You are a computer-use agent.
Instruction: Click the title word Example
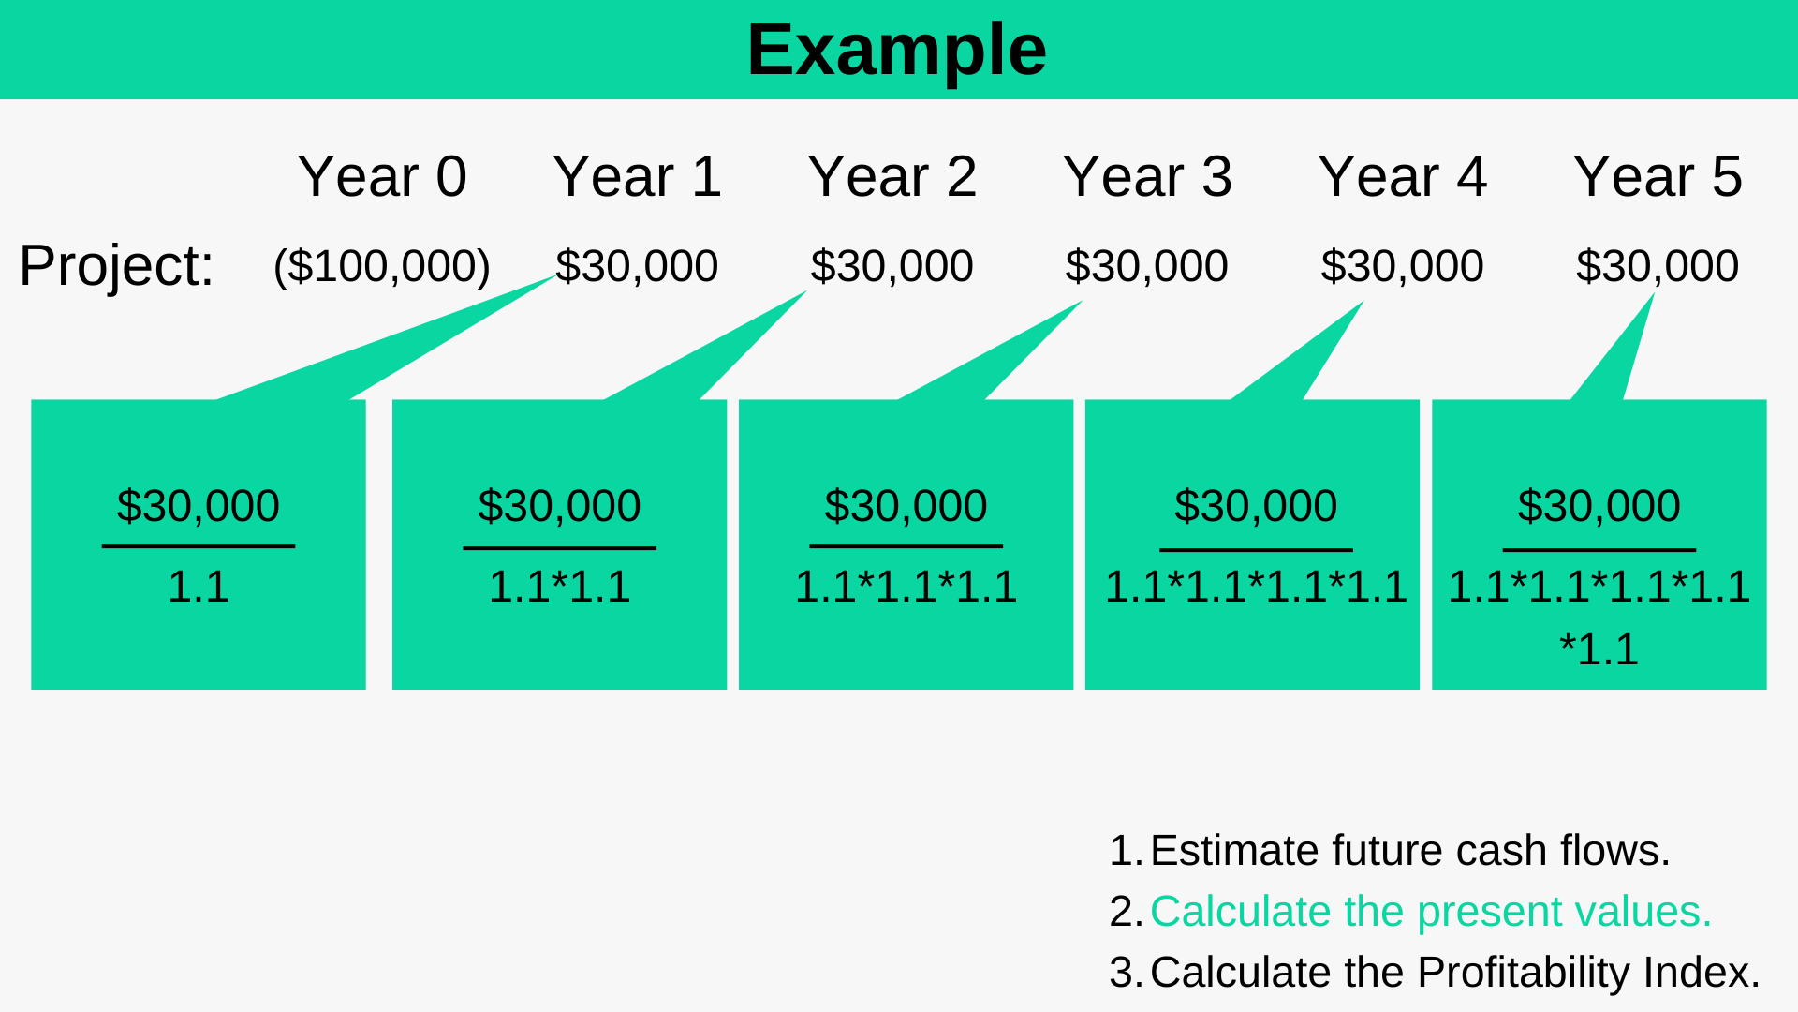tap(896, 51)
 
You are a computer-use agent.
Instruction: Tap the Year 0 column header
tap(382, 176)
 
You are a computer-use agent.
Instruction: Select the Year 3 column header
tap(1147, 176)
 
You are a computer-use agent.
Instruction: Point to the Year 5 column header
tap(1658, 176)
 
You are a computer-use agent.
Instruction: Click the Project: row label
tap(116, 265)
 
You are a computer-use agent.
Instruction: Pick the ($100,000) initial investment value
tap(382, 266)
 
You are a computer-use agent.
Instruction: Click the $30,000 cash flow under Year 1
tap(637, 266)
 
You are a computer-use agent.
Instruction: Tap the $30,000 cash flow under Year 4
tap(1402, 266)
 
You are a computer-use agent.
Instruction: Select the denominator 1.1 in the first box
tap(198, 587)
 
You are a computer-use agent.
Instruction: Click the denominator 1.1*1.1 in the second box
tap(559, 587)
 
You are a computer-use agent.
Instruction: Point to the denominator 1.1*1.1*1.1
tap(906, 587)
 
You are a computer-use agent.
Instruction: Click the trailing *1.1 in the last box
tap(1599, 649)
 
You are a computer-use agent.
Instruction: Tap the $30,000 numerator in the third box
tap(906, 506)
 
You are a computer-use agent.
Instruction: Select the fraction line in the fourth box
tap(1256, 549)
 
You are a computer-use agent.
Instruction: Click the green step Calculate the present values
tap(1430, 911)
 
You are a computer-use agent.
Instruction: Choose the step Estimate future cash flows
tap(1409, 851)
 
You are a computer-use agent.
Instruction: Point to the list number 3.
tap(1123, 973)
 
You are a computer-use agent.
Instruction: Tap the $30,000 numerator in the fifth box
tap(1599, 506)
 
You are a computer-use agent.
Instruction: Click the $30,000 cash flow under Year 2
tap(892, 266)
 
